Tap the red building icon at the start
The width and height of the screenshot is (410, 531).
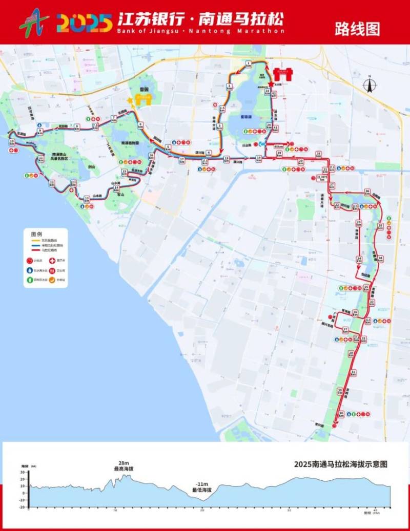pos(282,75)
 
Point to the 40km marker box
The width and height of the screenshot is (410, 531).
pos(278,146)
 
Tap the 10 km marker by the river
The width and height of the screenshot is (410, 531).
pos(11,142)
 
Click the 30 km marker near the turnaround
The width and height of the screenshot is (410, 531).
pos(341,413)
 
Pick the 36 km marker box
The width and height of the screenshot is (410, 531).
pos(367,192)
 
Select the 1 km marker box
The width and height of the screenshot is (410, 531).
pos(248,64)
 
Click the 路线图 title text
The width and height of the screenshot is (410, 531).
pos(357,29)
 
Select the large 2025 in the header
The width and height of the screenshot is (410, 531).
pos(84,23)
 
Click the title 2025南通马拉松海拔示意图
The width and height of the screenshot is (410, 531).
pos(340,464)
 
